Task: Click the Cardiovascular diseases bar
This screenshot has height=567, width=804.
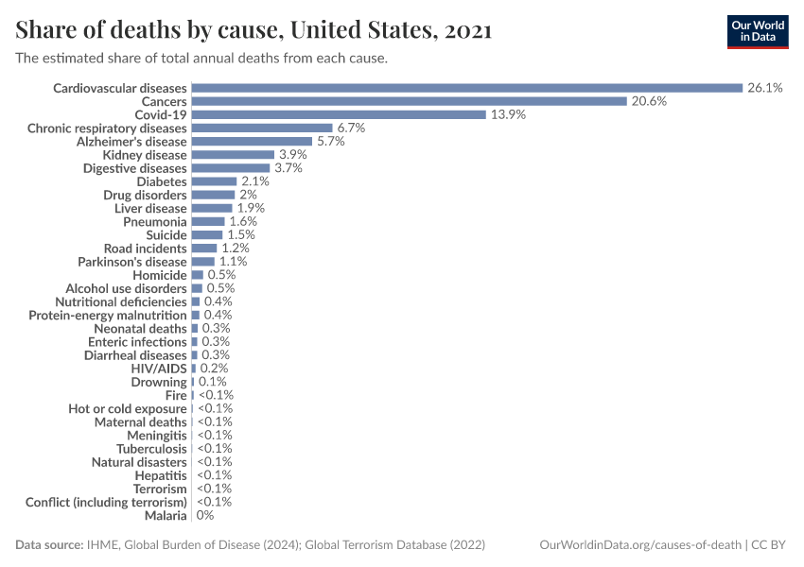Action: coord(466,88)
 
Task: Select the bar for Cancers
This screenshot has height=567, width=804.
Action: coord(409,101)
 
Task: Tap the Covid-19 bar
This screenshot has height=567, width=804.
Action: coord(338,114)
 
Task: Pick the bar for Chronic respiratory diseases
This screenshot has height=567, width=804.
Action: coord(262,128)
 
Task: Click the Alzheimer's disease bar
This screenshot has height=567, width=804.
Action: coord(252,141)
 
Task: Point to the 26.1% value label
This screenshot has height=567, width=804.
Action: coord(764,88)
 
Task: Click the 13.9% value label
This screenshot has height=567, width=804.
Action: coord(506,114)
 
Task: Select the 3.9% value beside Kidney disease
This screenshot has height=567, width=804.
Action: coord(292,154)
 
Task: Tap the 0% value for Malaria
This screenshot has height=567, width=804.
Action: coord(205,516)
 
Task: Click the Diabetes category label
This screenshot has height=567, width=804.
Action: coord(162,181)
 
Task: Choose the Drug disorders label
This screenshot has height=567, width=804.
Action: coord(145,195)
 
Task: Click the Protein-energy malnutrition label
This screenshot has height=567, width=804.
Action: coord(108,315)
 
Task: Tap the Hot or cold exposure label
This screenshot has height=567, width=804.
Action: coord(128,408)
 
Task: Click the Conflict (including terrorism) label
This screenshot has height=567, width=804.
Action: coord(106,503)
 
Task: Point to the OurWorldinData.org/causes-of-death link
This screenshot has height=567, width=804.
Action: coord(639,545)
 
